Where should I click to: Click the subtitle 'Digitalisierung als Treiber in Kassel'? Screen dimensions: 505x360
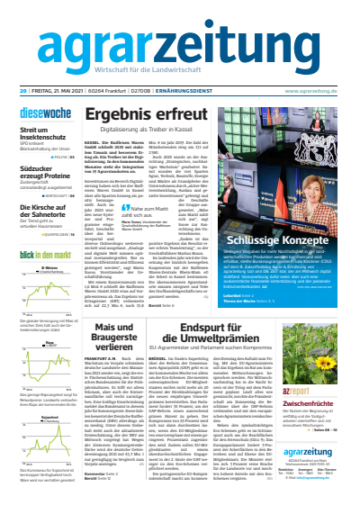coord(148,131)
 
